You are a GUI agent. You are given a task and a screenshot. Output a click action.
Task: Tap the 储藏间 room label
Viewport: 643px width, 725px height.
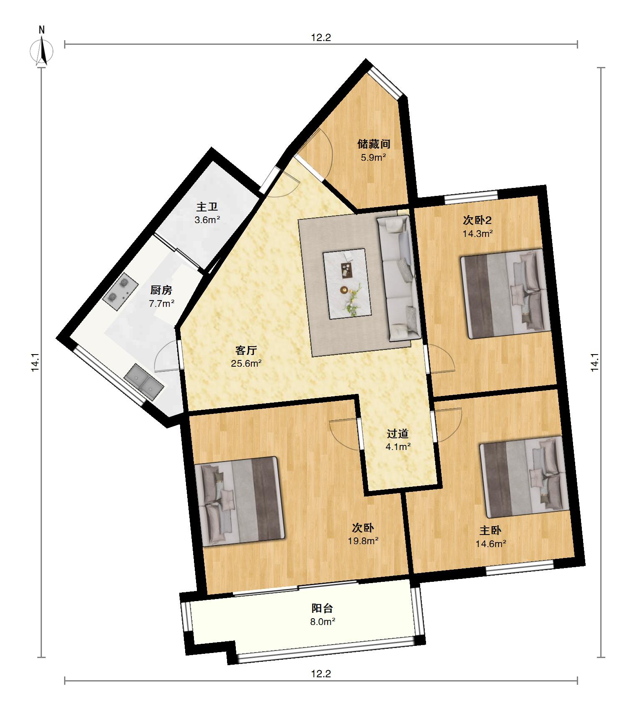click(x=374, y=144)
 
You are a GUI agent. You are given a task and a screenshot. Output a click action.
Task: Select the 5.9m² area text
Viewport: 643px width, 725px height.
click(x=373, y=158)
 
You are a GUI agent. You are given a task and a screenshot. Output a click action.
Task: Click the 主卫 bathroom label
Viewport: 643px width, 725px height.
click(x=207, y=207)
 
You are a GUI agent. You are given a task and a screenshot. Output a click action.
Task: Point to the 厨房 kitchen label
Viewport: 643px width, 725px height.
click(x=161, y=290)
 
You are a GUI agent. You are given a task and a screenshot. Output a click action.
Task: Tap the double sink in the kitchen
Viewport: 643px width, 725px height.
click(x=144, y=382)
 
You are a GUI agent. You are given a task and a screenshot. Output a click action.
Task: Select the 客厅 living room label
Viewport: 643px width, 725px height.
click(x=246, y=350)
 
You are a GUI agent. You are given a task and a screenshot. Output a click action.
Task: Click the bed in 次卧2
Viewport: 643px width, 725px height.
click(x=506, y=294)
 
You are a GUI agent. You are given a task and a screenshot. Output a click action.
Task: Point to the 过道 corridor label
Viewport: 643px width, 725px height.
click(x=398, y=433)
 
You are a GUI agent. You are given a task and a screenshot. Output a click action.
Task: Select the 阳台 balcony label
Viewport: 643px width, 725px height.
click(x=322, y=608)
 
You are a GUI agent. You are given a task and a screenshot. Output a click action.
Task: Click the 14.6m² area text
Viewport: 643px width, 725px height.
click(x=491, y=544)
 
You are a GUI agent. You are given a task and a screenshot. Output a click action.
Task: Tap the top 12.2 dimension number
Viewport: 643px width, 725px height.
click(x=321, y=38)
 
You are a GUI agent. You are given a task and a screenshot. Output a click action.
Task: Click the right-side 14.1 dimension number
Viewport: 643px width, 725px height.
click(x=595, y=362)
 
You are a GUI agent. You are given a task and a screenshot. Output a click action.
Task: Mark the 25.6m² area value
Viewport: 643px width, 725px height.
click(x=246, y=363)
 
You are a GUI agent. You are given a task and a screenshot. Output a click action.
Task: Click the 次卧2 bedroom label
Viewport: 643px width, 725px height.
click(x=477, y=220)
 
